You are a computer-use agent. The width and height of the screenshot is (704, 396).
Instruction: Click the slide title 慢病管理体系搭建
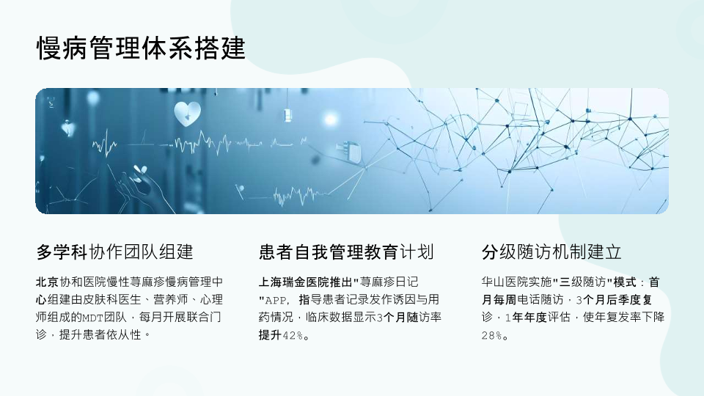[x=141, y=48]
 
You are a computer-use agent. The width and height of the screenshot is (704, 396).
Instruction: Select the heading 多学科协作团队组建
[x=115, y=252]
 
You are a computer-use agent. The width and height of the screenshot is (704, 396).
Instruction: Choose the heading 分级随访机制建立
[x=551, y=252]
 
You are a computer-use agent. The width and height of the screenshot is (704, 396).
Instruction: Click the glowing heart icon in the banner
[x=187, y=114]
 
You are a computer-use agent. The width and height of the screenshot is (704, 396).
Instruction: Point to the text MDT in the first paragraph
[x=93, y=318]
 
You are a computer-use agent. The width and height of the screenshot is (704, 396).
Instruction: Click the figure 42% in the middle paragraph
[x=293, y=335]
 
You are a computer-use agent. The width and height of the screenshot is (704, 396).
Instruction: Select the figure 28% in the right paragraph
[x=491, y=335]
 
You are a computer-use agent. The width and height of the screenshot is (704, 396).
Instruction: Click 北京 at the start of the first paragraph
[x=48, y=282]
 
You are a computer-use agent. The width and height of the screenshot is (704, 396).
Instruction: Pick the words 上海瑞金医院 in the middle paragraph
[x=294, y=282]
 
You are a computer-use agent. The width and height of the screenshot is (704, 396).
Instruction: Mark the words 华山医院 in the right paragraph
[x=505, y=282]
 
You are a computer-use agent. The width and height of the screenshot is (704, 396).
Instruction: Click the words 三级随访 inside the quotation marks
[x=582, y=282]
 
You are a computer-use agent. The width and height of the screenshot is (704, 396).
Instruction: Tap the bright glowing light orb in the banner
[x=331, y=119]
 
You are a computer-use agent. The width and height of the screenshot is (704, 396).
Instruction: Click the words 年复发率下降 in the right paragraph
[x=629, y=317]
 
